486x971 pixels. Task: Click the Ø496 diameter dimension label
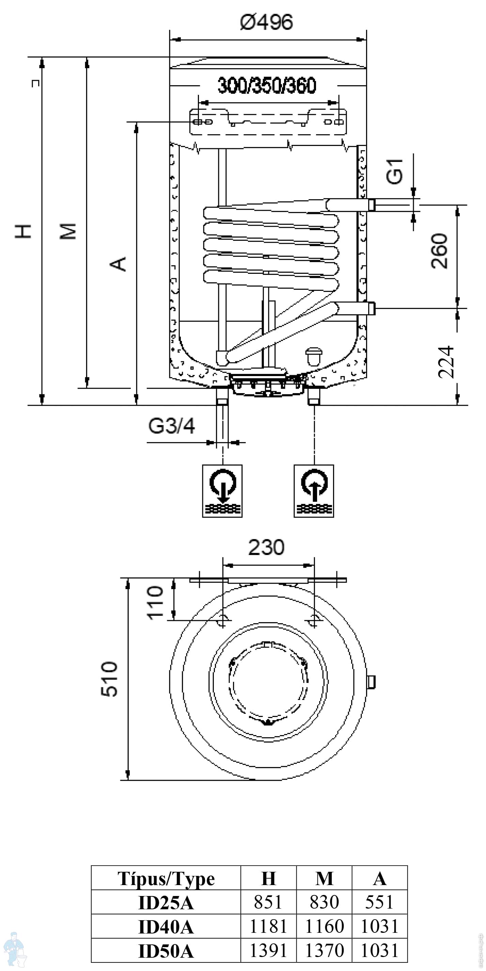click(266, 22)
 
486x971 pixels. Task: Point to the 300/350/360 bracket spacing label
click(267, 86)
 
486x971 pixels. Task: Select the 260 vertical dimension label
click(439, 251)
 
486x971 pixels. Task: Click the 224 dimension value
click(446, 362)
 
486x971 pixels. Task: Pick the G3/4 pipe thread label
click(172, 426)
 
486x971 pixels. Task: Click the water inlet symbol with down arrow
click(222, 491)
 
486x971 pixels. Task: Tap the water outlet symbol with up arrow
click(314, 491)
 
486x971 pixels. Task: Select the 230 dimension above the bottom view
click(266, 547)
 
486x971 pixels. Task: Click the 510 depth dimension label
click(110, 678)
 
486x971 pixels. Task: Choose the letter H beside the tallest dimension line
click(23, 231)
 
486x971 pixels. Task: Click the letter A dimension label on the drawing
click(118, 264)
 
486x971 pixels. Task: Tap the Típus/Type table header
click(166, 879)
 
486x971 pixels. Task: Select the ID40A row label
click(166, 927)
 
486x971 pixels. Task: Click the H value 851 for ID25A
click(268, 902)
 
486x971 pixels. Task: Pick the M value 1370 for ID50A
click(324, 950)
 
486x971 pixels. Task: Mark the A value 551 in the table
click(379, 902)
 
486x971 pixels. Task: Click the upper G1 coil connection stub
click(371, 205)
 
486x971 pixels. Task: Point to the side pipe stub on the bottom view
click(371, 682)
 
